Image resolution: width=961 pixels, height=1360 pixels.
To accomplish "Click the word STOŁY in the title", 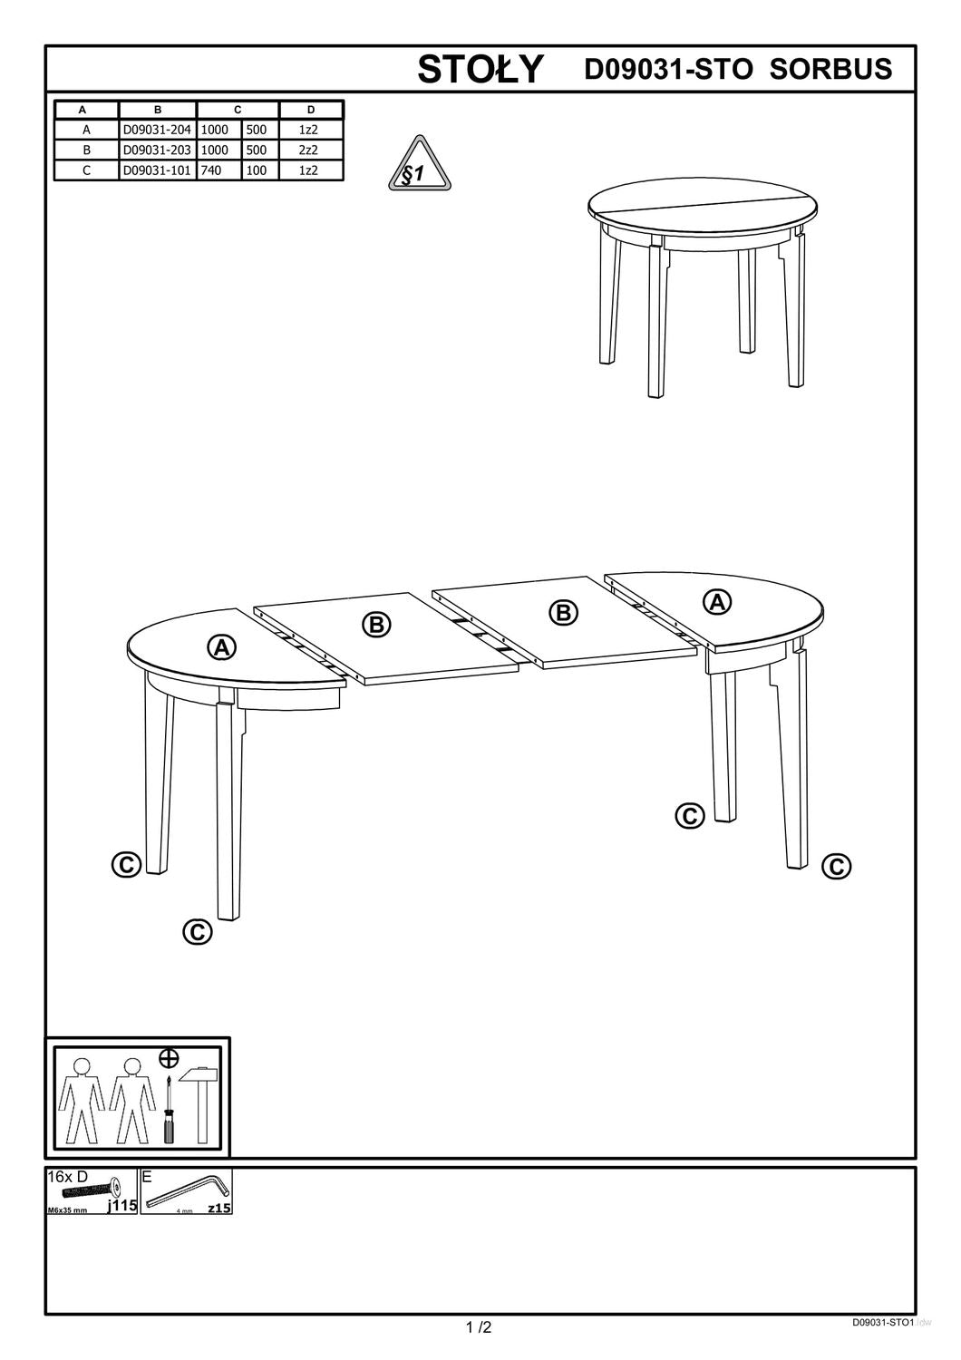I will [480, 70].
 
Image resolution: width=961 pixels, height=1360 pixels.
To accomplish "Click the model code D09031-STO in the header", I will [668, 69].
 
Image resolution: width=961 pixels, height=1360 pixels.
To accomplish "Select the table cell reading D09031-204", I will [157, 130].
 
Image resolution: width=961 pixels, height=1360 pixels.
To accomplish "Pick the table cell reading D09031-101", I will [157, 170].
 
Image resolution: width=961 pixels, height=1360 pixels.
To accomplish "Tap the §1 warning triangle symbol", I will [419, 168].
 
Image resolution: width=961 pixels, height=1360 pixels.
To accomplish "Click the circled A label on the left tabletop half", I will [221, 647].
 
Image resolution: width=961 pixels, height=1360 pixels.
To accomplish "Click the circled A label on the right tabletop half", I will [718, 601].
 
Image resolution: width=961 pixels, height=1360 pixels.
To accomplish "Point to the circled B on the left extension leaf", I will [376, 624].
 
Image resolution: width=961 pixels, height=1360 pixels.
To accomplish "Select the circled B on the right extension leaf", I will [563, 613].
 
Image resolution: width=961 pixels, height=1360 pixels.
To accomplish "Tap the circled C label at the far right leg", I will [836, 867].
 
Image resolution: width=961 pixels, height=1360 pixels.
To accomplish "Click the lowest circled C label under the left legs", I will [197, 931].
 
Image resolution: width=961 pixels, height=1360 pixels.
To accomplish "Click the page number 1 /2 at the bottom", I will [479, 1328].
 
